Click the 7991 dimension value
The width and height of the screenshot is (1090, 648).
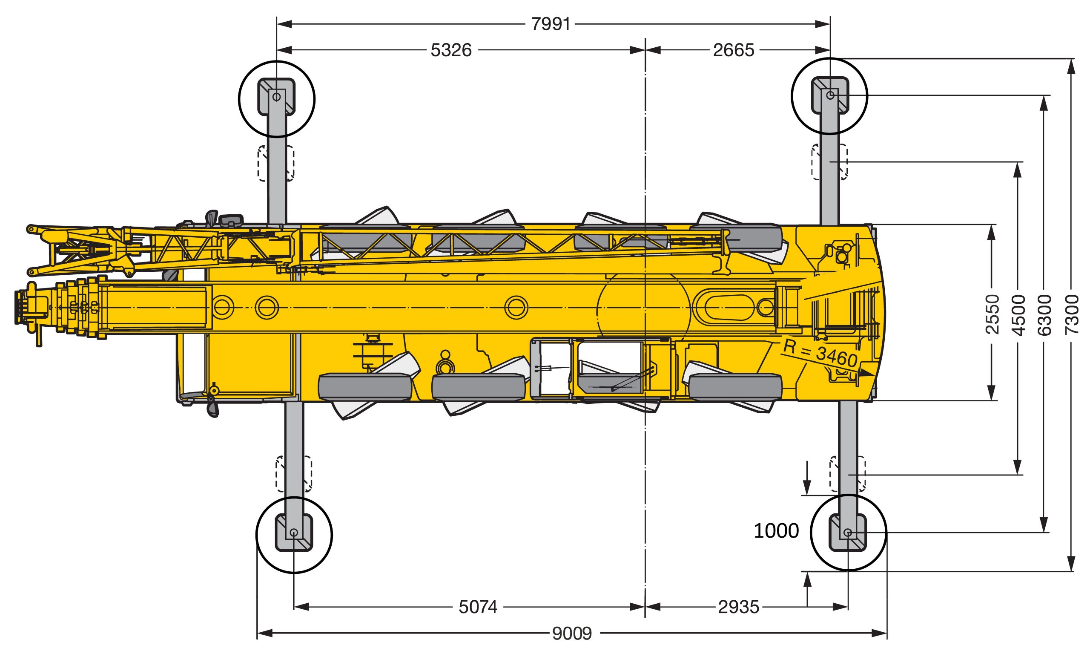tap(551, 24)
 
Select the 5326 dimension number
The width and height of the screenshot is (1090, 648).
tap(451, 50)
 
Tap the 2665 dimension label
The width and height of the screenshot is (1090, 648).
tap(734, 50)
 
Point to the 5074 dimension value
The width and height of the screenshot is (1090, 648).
tap(478, 607)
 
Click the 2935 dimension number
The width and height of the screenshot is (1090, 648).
tap(739, 607)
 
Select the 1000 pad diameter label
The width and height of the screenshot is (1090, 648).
tap(776, 531)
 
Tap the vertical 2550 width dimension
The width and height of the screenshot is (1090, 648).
tap(992, 314)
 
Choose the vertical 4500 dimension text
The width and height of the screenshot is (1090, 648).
tap(1018, 315)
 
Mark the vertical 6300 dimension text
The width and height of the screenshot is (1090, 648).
tap(1044, 315)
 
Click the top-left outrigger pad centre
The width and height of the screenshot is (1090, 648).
tap(277, 97)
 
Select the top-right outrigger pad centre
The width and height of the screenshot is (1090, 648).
tap(830, 95)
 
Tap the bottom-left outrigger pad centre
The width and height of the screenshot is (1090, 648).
tap(294, 533)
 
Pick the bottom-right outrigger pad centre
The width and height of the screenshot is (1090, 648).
tap(848, 532)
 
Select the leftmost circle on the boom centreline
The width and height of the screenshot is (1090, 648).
tap(223, 308)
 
